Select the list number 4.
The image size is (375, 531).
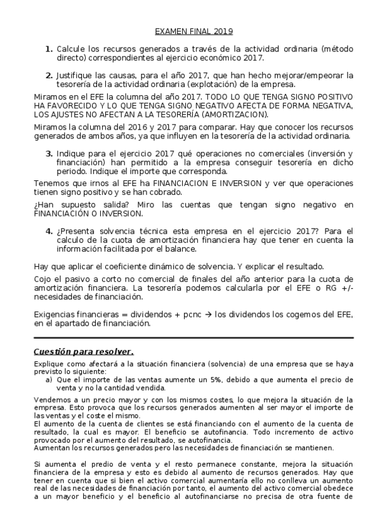(x=49, y=230)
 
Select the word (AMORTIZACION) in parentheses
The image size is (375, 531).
(x=233, y=115)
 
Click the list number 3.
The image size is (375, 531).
(x=49, y=153)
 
